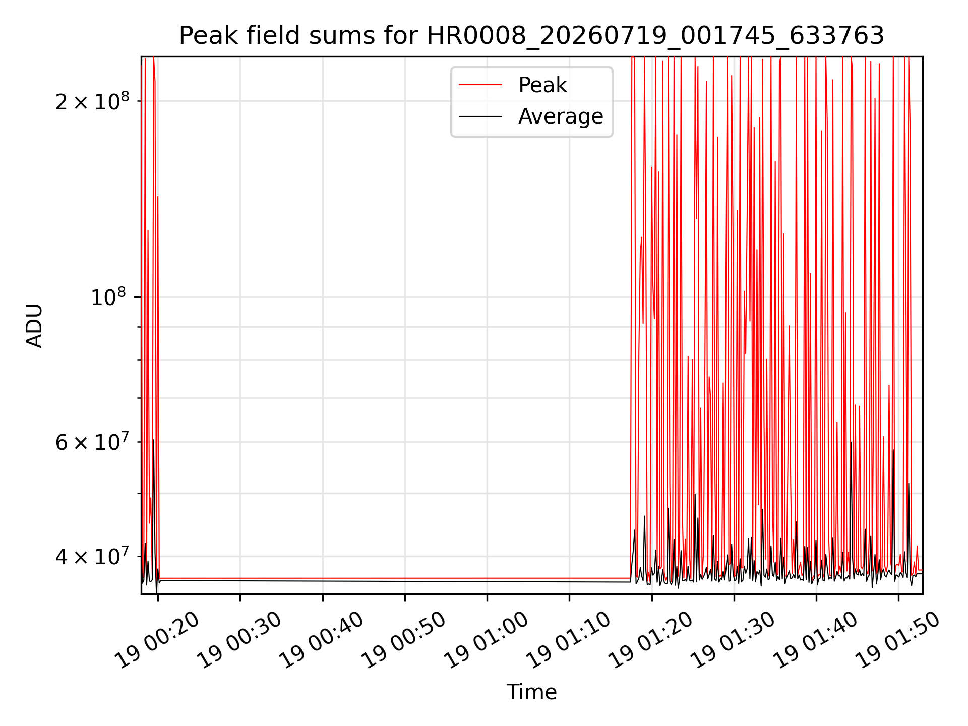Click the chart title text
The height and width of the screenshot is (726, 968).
(531, 36)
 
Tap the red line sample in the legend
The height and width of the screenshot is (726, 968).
(480, 85)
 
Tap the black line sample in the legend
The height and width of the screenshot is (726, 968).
(480, 116)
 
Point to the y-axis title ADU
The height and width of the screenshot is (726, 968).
(34, 326)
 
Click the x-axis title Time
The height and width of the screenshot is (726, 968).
(531, 692)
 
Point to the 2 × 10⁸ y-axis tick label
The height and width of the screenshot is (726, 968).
(92, 101)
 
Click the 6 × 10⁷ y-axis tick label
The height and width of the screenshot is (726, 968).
(92, 442)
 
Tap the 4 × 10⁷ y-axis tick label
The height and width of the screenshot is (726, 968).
(92, 556)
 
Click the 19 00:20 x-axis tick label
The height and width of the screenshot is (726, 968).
(157, 640)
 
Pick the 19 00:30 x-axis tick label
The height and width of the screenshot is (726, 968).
(239, 640)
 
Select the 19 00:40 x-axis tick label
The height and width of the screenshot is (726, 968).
(322, 640)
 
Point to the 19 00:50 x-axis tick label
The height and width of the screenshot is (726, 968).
(404, 640)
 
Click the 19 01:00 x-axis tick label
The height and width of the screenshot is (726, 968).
(487, 640)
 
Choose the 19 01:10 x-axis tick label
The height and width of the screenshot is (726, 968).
(569, 640)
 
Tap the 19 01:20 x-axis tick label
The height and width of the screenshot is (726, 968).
(651, 640)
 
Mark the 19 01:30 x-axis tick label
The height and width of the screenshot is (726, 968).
(733, 640)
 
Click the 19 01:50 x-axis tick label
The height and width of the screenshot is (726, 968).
(898, 640)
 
